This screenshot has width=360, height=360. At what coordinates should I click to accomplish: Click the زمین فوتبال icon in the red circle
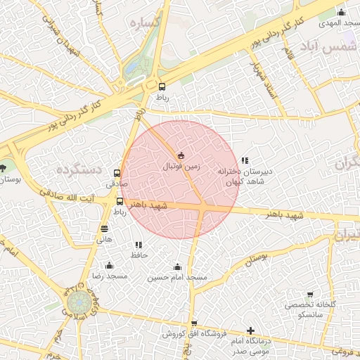coord(181,155)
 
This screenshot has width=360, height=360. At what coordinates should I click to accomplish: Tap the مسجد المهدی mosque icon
coord(341,12)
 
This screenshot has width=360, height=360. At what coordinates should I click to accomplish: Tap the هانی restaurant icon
coord(105,229)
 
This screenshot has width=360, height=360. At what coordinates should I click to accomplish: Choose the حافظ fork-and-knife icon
coord(139,245)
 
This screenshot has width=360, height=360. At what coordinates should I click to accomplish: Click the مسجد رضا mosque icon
coord(109,265)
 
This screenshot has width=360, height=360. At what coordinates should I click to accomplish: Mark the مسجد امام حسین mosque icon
coord(177,267)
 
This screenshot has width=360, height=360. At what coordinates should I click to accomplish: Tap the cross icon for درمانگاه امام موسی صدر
coord(251,330)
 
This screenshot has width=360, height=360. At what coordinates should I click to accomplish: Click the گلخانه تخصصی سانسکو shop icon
coord(310,295)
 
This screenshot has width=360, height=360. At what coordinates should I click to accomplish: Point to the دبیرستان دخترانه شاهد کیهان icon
coord(245,161)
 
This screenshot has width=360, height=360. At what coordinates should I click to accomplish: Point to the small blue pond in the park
coord(131,68)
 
